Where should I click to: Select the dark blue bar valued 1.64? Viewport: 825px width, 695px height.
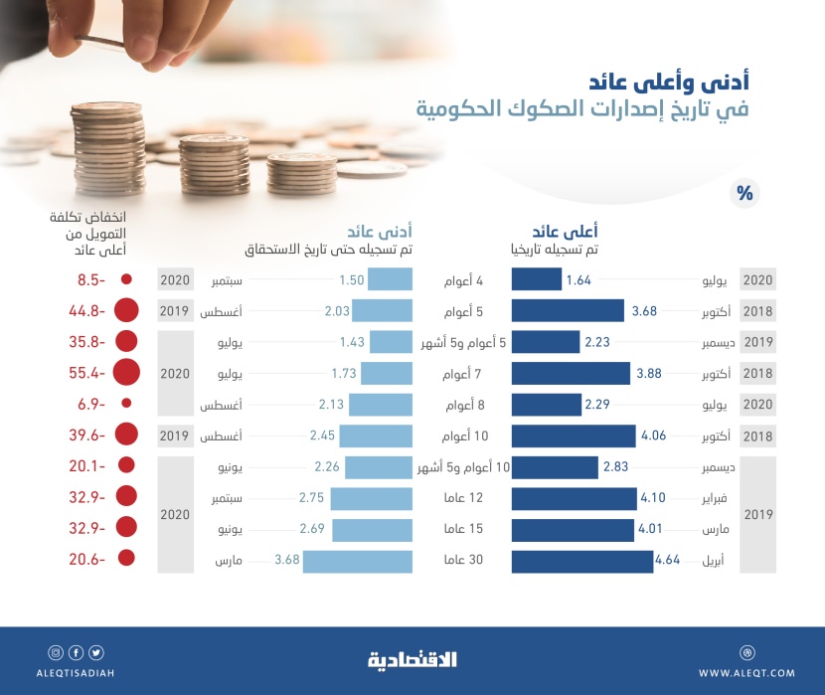click(536, 280)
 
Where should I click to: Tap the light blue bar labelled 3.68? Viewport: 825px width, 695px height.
click(358, 562)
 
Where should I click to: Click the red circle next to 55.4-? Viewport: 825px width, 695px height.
click(126, 373)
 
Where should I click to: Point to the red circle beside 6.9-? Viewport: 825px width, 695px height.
click(126, 404)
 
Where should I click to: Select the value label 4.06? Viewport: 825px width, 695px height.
click(652, 435)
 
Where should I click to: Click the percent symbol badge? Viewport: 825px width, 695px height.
click(742, 193)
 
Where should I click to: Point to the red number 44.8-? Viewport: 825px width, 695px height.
click(87, 311)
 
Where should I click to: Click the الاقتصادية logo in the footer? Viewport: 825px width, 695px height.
click(412, 658)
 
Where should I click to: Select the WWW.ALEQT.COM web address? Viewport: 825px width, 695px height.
click(746, 673)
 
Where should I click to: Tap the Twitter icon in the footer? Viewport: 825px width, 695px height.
click(96, 653)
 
